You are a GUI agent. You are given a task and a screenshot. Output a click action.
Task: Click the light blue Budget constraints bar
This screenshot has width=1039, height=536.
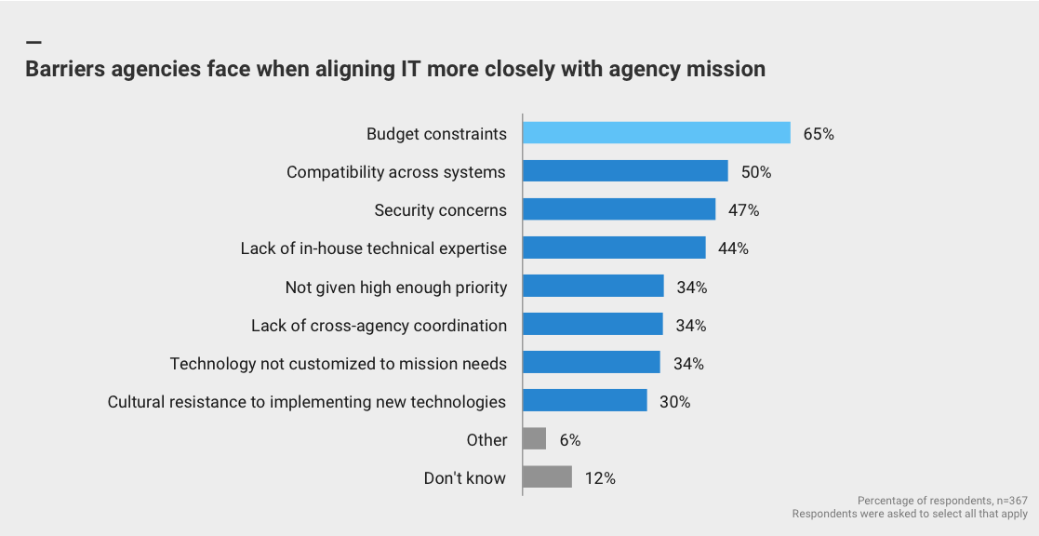point(656,133)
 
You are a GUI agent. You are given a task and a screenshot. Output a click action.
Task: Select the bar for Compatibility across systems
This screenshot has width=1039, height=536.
point(625,171)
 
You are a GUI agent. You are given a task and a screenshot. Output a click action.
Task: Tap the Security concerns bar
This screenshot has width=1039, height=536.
point(619,209)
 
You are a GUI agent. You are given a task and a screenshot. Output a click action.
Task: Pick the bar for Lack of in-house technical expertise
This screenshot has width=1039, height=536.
point(614,248)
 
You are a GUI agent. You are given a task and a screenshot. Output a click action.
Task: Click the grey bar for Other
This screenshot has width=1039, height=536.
point(534,439)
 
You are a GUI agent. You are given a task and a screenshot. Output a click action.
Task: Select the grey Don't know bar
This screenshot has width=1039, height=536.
point(547,477)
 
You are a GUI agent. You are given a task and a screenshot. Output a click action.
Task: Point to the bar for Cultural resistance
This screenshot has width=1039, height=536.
point(584,401)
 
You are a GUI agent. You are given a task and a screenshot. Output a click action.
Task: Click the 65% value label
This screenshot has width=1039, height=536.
point(819,134)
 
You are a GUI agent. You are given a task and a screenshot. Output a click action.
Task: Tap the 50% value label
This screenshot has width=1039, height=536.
point(756,172)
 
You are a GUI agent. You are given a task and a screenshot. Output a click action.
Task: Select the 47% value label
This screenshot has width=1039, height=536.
point(744,210)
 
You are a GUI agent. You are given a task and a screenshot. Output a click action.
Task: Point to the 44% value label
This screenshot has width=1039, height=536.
point(733,248)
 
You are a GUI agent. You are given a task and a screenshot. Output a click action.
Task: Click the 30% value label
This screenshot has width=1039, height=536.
point(675,402)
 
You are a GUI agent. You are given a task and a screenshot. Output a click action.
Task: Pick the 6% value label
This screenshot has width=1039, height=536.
point(570,440)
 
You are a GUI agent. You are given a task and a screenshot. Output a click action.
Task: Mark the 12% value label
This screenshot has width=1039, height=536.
point(600,478)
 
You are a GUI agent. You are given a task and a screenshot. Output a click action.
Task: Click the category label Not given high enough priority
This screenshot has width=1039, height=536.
point(396,287)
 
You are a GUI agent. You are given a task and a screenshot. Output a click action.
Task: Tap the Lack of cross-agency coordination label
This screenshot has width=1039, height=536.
point(379,325)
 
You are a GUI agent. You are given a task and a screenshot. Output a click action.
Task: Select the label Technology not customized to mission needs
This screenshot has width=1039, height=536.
point(339,363)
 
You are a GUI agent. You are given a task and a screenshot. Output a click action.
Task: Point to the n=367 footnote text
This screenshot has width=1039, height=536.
point(1006,501)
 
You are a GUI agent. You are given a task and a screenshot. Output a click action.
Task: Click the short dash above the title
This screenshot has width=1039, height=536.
point(33,43)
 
